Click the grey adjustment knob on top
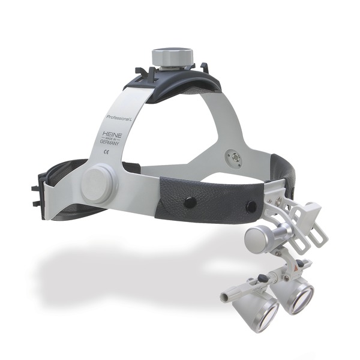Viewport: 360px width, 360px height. coord(172,57)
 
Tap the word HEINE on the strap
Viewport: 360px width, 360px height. coord(112,135)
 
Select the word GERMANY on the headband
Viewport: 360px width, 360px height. coord(109,142)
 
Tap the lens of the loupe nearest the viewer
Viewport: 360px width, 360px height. coord(267,314)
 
